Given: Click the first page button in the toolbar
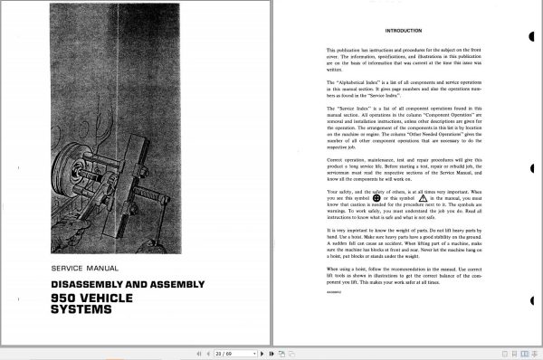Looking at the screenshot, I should click(x=197, y=353).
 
